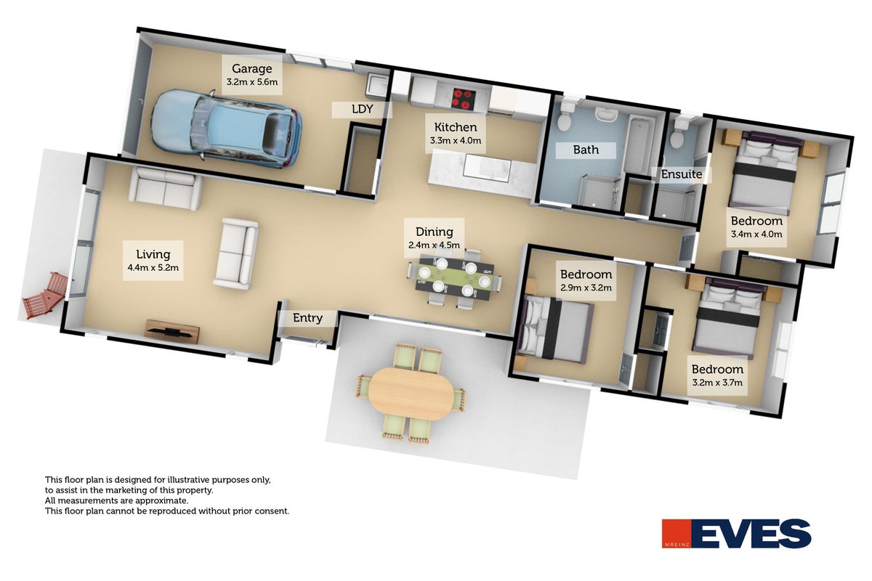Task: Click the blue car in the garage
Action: point(227,129)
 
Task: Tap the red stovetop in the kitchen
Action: point(464,99)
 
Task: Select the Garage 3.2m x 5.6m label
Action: point(252,75)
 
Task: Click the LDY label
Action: point(362,110)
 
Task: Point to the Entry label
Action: point(307,318)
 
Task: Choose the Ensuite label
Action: point(682,174)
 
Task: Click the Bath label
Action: point(586,150)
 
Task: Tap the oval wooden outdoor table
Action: point(411,394)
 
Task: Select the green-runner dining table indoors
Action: point(455,278)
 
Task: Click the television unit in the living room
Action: point(172,331)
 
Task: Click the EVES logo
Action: point(737,533)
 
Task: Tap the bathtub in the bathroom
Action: point(639,145)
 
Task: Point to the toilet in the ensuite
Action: point(679,133)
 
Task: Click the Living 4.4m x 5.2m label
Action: point(153,260)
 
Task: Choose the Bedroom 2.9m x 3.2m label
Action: point(586,280)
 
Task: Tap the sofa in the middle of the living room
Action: point(236,253)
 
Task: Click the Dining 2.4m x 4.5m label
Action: point(434,237)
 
